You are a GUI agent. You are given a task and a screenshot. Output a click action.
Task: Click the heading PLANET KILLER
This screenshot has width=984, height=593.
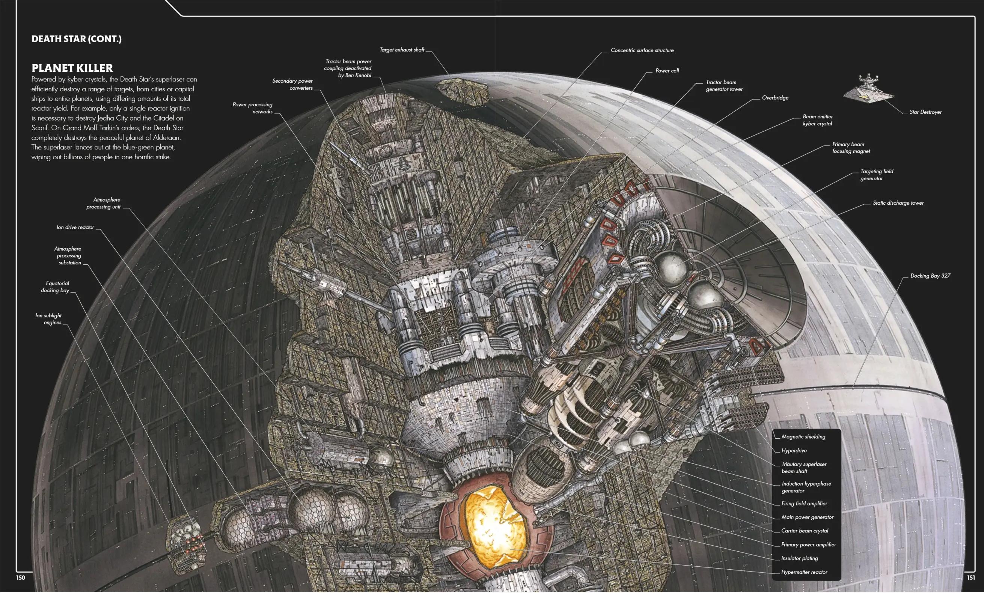tap(72, 68)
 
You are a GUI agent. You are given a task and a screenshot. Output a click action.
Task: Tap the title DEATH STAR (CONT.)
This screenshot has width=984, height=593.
tap(76, 39)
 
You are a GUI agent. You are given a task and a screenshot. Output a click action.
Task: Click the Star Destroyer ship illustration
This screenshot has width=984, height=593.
tap(868, 89)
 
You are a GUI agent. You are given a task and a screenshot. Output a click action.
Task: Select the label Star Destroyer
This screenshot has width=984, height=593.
tap(925, 112)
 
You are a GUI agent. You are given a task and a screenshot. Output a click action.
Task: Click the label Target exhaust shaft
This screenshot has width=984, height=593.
tap(402, 50)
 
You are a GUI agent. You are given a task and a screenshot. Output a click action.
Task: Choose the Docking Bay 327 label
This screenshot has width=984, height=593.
tap(930, 276)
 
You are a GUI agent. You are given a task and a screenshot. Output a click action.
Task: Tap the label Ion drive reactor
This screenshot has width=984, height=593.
tap(75, 227)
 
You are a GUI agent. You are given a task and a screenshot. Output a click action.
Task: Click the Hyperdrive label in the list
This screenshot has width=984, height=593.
tap(794, 451)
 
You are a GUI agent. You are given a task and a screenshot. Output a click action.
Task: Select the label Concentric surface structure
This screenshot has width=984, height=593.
tap(642, 50)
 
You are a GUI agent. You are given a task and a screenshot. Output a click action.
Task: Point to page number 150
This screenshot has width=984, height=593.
tap(20, 578)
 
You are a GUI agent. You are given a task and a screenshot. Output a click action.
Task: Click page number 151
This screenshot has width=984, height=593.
tap(971, 578)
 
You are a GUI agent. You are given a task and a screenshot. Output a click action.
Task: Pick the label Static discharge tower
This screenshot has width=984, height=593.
tap(898, 203)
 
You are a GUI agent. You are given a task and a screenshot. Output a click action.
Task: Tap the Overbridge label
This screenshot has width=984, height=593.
tap(775, 98)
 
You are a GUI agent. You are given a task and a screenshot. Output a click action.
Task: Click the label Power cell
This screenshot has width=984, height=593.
tap(667, 71)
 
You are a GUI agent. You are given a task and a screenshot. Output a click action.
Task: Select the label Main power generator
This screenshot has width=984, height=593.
tap(807, 518)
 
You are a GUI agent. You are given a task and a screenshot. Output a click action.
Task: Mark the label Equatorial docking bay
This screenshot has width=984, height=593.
tap(55, 287)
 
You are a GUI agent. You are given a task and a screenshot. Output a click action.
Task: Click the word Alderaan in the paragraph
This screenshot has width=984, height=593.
tap(167, 138)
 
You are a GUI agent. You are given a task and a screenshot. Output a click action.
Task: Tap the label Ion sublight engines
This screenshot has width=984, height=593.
tap(49, 319)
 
